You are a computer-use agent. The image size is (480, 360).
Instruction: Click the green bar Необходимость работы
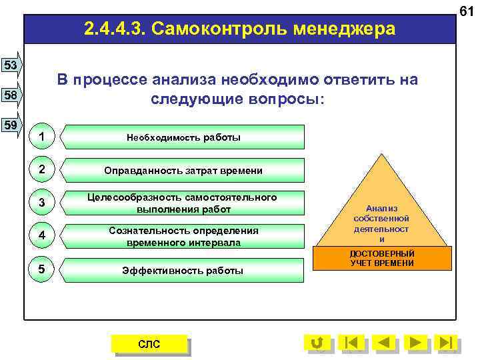(183, 137)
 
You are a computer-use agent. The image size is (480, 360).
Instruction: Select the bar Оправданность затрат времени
(183, 171)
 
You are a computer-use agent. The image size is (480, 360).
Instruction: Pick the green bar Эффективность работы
(183, 270)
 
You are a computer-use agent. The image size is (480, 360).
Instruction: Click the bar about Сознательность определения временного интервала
(183, 237)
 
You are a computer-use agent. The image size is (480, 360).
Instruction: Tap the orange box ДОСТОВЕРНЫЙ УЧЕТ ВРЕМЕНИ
(382, 259)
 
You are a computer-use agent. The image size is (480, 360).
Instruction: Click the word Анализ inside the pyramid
(382, 208)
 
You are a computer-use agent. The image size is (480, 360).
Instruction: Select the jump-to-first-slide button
(351, 343)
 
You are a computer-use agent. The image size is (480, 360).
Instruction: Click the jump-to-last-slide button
(447, 343)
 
